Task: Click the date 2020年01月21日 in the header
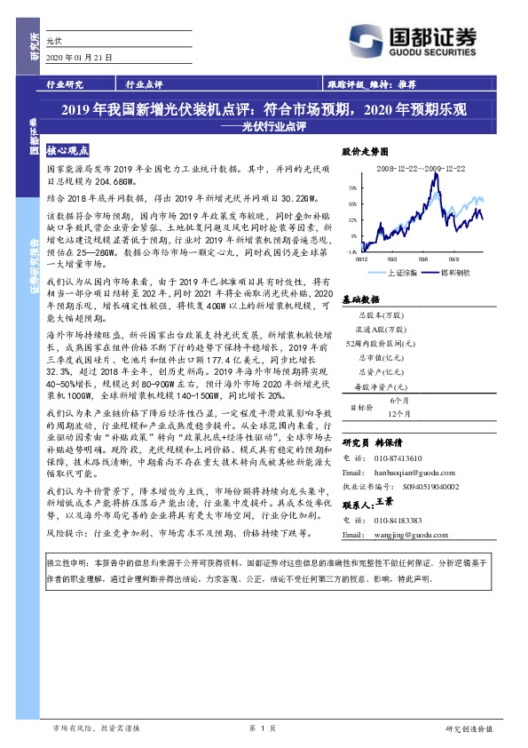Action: click(x=78, y=59)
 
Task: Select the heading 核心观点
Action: click(x=67, y=152)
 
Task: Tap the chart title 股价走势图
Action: click(x=363, y=152)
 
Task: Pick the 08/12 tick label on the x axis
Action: click(x=363, y=260)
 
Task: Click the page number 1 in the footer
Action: click(x=263, y=728)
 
